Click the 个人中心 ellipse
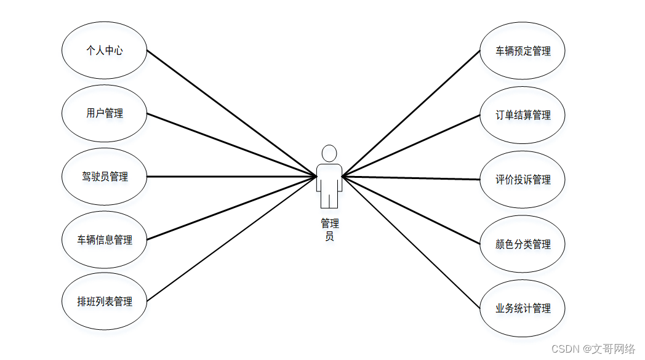(x=105, y=51)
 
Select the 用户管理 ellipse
(x=105, y=114)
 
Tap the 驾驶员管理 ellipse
(x=105, y=177)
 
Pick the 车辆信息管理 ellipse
(x=105, y=240)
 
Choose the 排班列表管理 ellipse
(x=105, y=302)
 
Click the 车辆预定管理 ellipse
(x=523, y=52)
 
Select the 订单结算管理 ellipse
(x=523, y=115)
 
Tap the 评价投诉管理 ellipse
(x=523, y=180)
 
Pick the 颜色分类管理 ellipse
(x=523, y=244)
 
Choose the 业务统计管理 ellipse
(x=523, y=308)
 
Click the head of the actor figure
(x=329, y=153)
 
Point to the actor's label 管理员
(x=329, y=230)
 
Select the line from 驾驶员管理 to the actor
(x=231, y=177)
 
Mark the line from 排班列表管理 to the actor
(x=231, y=239)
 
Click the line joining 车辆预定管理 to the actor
(x=411, y=114)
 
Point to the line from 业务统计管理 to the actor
(x=411, y=242)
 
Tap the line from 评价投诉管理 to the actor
(x=411, y=178)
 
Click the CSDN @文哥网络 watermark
(x=593, y=349)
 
